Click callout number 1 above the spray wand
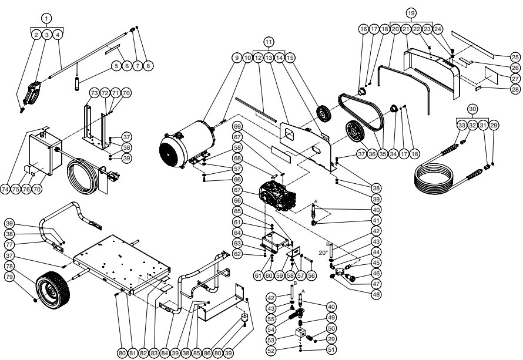[47, 18]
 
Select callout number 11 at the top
[269, 42]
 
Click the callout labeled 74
[6, 189]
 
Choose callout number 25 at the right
[515, 58]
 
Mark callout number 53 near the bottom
[271, 339]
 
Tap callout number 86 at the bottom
[207, 353]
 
